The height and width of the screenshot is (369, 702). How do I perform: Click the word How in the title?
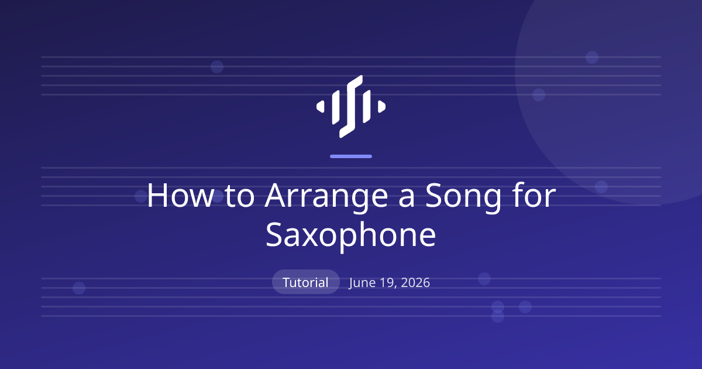[x=180, y=196]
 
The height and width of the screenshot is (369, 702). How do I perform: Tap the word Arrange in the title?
[x=326, y=198]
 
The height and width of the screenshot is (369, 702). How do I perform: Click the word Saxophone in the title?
[x=350, y=236]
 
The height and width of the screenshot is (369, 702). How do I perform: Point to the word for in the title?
[x=536, y=194]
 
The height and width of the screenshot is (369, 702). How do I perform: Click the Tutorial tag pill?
[x=306, y=282]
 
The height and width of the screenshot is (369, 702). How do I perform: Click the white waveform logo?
[x=351, y=107]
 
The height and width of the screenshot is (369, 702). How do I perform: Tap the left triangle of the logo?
[x=321, y=107]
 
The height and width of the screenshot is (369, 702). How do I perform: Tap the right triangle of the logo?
[x=381, y=107]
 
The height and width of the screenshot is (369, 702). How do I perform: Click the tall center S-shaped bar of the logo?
[x=351, y=107]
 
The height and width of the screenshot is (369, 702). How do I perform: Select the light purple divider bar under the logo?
[x=351, y=156]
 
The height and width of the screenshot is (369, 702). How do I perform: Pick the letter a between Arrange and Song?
[x=407, y=199]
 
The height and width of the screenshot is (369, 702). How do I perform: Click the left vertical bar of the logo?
[x=336, y=107]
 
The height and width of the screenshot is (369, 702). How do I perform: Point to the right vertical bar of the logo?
[x=367, y=107]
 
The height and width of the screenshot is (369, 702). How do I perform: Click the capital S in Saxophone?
[x=274, y=235]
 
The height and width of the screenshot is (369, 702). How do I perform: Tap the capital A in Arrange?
[x=276, y=196]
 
